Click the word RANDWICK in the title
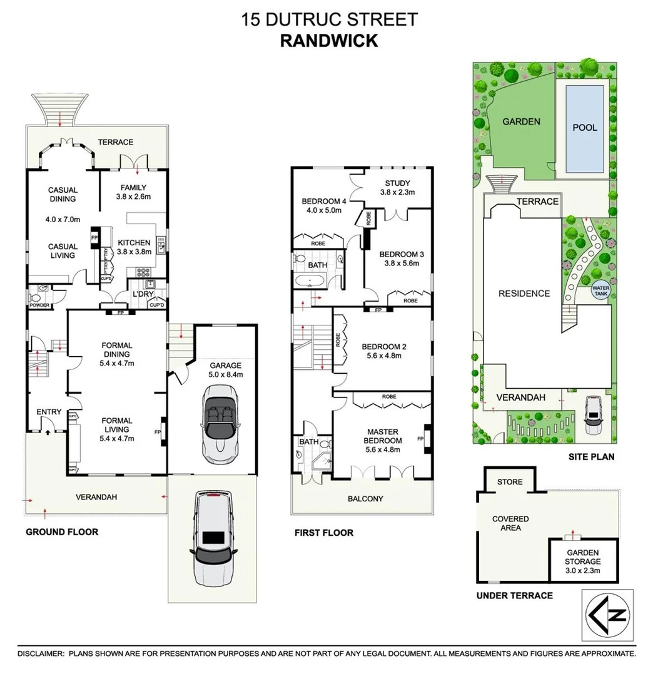click(x=328, y=41)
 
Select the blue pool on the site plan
click(x=585, y=128)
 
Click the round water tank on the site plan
click(x=600, y=292)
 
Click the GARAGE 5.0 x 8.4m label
click(x=225, y=370)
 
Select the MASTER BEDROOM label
click(x=384, y=436)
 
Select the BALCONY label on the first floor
click(x=365, y=499)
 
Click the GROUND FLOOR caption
click(x=62, y=532)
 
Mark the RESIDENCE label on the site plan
click(x=524, y=293)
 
